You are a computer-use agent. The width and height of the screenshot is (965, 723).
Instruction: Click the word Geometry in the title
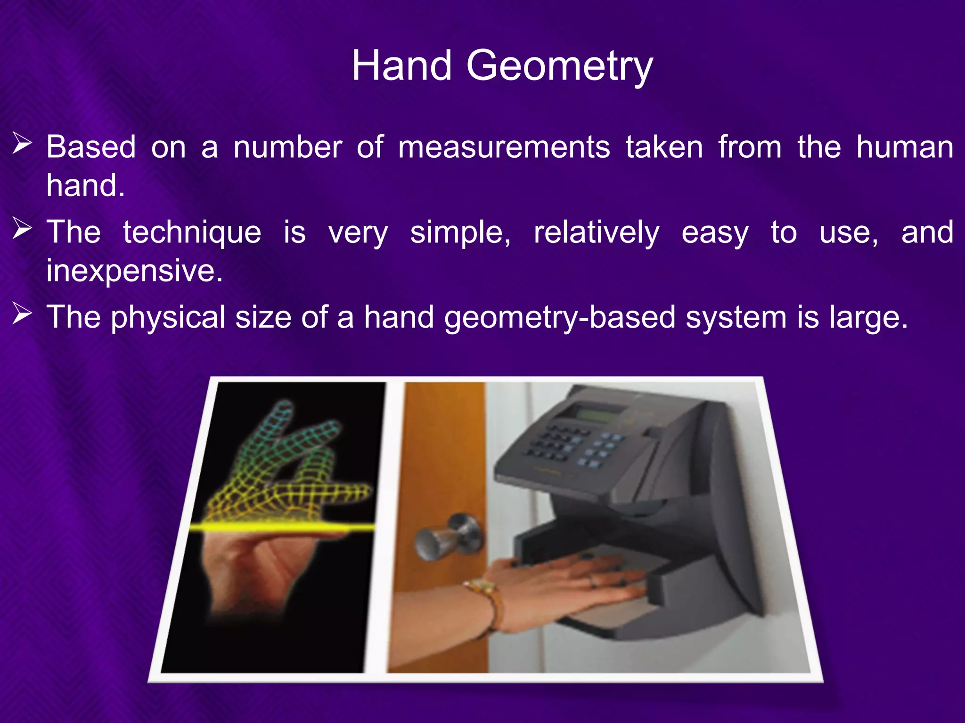coord(559,66)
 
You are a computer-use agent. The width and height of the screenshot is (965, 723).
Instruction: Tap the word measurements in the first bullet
coord(504,147)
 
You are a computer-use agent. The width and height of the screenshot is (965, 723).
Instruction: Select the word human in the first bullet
coord(905,147)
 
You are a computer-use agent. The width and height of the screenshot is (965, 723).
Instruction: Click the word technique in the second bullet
coord(192,233)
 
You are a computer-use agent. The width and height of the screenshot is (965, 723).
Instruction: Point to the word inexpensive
coord(134,271)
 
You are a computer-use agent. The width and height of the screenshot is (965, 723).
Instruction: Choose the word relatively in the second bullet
coord(596,233)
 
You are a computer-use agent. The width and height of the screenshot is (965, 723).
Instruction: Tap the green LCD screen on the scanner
coord(597,414)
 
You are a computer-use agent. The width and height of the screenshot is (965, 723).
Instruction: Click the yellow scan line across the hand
coord(283,527)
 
